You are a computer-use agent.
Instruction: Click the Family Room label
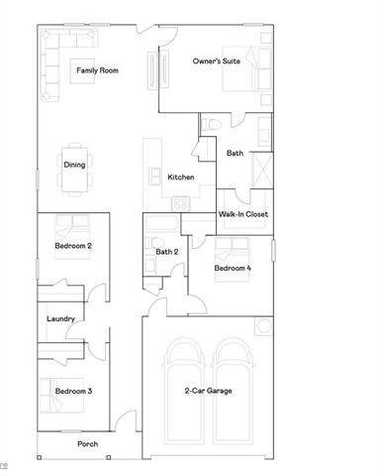point(98,70)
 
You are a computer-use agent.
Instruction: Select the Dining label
point(74,165)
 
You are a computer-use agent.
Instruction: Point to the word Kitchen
point(180,178)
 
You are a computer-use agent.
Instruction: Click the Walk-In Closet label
point(243,214)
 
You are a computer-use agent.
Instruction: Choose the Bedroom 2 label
point(73,245)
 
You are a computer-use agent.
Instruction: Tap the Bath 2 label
point(167,252)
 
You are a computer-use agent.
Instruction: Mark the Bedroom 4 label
point(234,269)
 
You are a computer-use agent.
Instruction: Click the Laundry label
point(61,318)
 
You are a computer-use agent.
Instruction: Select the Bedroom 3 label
point(73,392)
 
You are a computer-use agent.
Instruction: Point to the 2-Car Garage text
point(208,392)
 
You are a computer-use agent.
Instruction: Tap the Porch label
point(88,443)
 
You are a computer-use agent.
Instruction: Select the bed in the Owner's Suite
point(242,69)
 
